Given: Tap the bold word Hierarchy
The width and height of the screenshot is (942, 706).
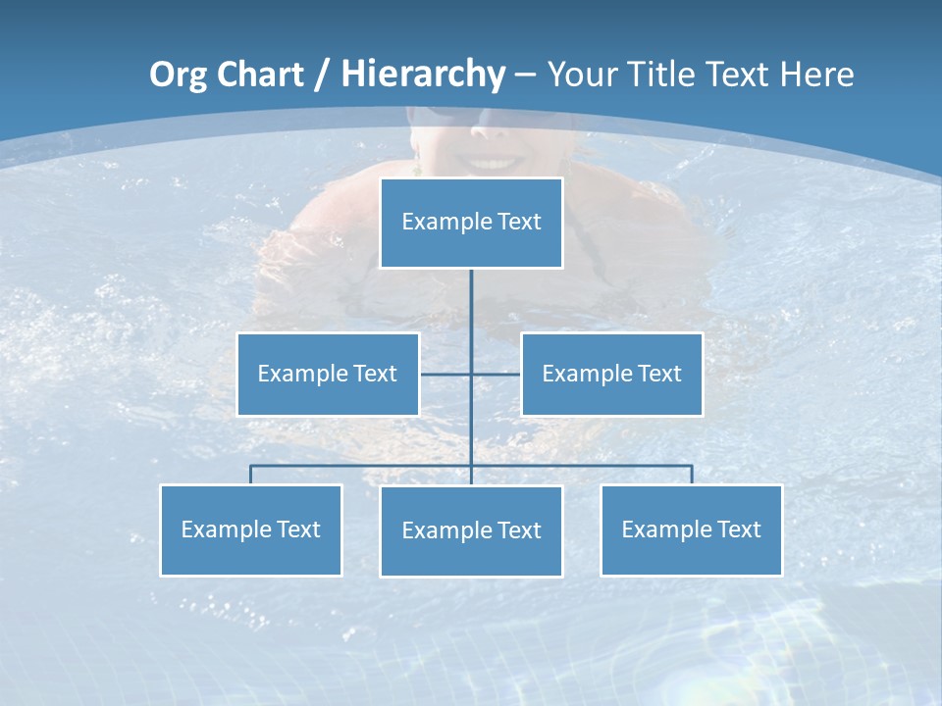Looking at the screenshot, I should (423, 75).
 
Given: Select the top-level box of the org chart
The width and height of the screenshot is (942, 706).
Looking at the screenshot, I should (471, 223).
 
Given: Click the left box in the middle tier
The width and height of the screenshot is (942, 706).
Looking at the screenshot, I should (328, 374).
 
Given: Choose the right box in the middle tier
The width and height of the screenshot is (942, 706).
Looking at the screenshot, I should (611, 374).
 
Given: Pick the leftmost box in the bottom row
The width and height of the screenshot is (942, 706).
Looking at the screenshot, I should (250, 529).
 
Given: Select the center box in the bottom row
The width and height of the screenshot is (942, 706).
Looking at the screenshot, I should (471, 530).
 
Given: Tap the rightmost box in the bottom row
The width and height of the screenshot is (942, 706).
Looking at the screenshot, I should (691, 529).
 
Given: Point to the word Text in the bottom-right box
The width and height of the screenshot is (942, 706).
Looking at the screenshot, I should (739, 529).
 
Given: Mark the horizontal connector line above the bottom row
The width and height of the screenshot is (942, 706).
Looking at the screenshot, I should (363, 465).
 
